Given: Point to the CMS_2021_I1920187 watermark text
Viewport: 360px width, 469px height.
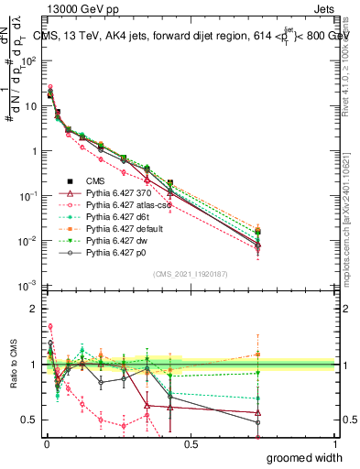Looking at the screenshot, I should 190,274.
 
